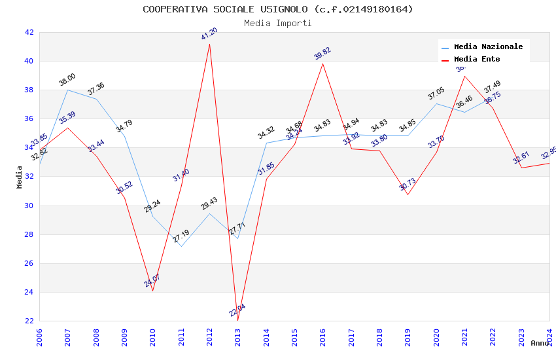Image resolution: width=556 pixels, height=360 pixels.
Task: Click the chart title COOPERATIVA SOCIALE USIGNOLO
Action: click(278, 9)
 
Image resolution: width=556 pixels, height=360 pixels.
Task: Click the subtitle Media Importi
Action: click(278, 23)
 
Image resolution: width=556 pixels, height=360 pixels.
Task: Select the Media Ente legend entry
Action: click(477, 60)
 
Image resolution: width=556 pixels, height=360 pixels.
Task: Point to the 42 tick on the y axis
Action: click(29, 32)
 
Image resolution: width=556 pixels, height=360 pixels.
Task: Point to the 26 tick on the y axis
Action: click(29, 263)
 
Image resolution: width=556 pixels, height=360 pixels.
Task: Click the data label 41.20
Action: click(209, 34)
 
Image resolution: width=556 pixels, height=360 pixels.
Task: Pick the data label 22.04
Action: click(237, 310)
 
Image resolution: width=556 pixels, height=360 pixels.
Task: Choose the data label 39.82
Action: click(322, 54)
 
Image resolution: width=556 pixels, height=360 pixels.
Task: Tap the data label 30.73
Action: click(408, 185)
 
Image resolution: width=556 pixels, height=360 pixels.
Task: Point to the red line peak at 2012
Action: click(209, 43)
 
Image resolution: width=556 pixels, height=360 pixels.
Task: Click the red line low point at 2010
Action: click(153, 291)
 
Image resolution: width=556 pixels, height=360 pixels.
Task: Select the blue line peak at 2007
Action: click(67, 90)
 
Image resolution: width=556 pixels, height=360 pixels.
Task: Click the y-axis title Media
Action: click(20, 177)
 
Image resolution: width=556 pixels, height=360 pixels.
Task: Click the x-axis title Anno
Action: click(540, 343)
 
